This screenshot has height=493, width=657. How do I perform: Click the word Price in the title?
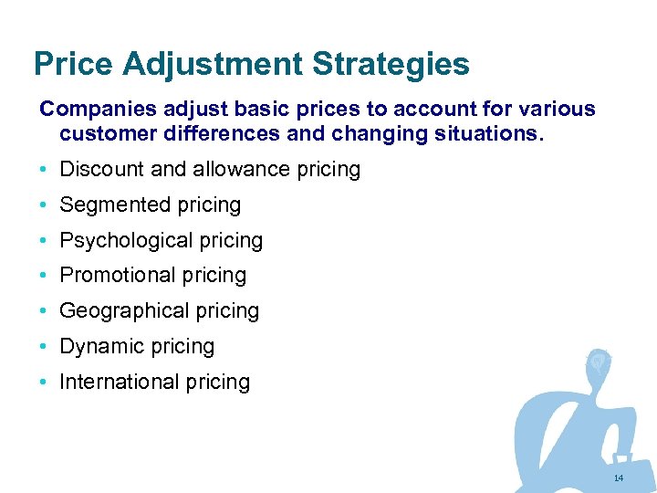(73, 65)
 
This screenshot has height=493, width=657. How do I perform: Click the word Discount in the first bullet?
(99, 170)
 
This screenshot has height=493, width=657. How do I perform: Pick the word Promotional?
(117, 276)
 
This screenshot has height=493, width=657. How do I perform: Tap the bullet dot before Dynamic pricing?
(45, 347)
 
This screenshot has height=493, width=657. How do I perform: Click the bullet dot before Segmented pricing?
(45, 205)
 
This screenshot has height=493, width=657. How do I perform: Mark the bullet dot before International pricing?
(45, 382)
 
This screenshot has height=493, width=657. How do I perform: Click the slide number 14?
(619, 478)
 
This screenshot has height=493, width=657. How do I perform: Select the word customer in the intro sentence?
(108, 135)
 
